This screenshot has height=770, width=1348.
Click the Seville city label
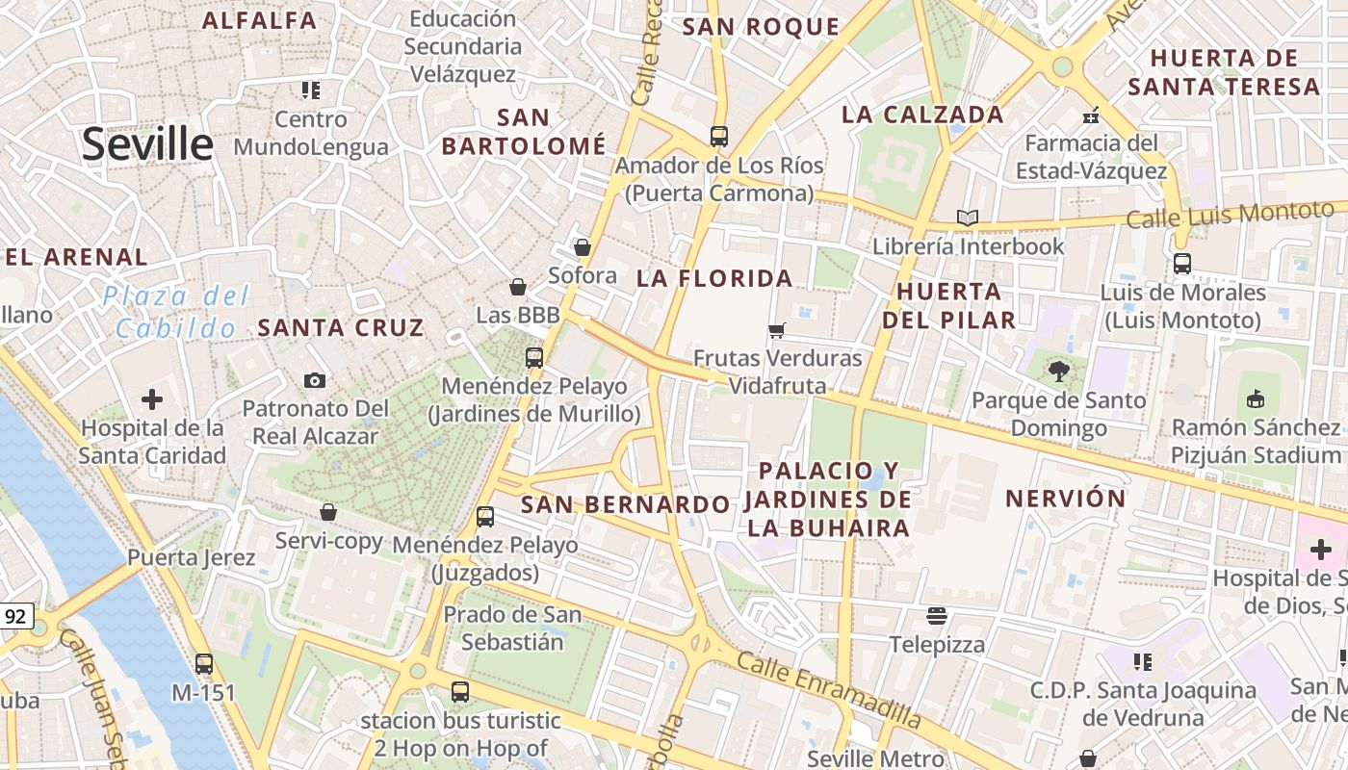tap(147, 144)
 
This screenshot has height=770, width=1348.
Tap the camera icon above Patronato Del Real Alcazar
tap(315, 380)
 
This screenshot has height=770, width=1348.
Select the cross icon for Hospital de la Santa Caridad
tap(152, 399)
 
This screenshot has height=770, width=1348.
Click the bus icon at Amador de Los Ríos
tap(718, 136)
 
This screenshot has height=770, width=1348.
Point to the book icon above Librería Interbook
tap(968, 218)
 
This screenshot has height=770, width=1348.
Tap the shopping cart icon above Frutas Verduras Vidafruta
tap(776, 331)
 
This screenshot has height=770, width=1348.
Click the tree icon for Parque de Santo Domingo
tap(1059, 372)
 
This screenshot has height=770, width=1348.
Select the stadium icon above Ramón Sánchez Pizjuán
tap(1256, 398)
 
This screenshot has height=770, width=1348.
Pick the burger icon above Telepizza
tap(937, 615)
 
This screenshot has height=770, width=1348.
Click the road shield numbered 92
tap(15, 616)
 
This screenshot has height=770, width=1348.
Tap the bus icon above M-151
tap(204, 663)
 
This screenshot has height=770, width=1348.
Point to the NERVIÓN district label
tap(1066, 499)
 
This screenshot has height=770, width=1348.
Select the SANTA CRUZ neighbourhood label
tap(341, 327)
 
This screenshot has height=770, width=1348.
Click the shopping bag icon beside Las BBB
tap(518, 287)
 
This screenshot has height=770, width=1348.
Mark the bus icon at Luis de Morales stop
tap(1182, 263)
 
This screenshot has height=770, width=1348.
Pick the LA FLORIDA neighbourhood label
tap(714, 279)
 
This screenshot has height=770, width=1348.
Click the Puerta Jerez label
tap(192, 557)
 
